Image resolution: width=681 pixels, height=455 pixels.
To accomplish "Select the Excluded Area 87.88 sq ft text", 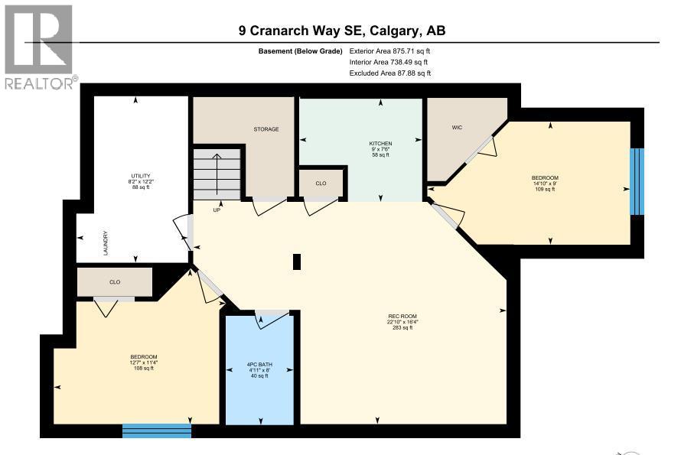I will click(389, 73).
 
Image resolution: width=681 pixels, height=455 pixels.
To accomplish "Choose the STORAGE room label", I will click(266, 129).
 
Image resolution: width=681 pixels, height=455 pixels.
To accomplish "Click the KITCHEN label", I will click(380, 144).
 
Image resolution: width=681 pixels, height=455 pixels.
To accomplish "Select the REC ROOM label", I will click(402, 316).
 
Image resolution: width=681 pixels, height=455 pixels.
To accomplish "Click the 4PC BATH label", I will click(260, 365).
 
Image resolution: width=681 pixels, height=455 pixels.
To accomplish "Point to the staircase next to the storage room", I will click(218, 172).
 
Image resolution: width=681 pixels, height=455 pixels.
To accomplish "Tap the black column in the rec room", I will click(297, 262).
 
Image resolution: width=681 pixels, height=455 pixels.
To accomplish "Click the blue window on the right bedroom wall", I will click(637, 182).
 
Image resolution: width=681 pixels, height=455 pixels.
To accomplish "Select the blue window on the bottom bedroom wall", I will click(157, 431).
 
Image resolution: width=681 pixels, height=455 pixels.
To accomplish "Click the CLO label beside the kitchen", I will click(321, 184).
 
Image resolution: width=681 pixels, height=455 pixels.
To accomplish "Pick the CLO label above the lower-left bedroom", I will click(115, 282).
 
